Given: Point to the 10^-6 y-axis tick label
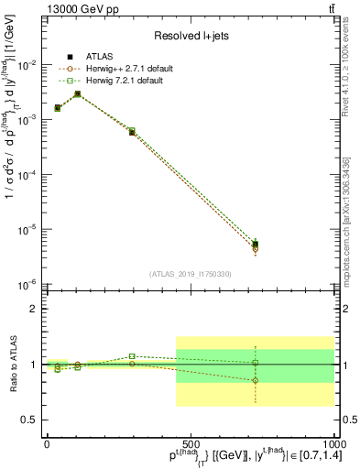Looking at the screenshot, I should (29, 284).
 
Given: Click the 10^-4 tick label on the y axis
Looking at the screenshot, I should (29, 174).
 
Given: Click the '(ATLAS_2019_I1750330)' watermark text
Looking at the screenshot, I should (191, 273).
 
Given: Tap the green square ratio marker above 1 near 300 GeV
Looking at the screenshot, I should (132, 356).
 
